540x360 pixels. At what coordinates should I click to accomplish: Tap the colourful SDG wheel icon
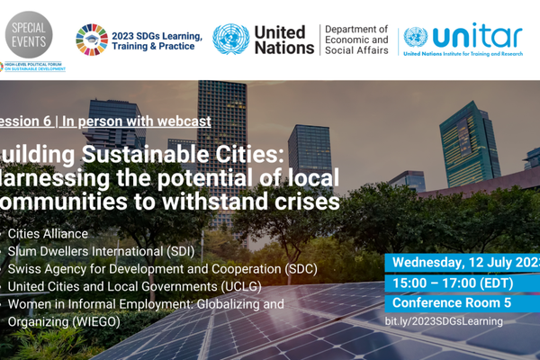[91, 39]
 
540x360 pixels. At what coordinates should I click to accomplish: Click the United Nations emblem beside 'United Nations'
[230, 39]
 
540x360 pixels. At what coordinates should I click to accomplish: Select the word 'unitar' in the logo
[477, 35]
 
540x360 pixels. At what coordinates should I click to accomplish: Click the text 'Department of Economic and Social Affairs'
[356, 40]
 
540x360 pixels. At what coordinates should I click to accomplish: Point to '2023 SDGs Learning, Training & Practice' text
[153, 40]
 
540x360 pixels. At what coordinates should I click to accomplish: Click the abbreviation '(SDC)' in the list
[298, 269]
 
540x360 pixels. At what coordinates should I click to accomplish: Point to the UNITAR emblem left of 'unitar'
[416, 37]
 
